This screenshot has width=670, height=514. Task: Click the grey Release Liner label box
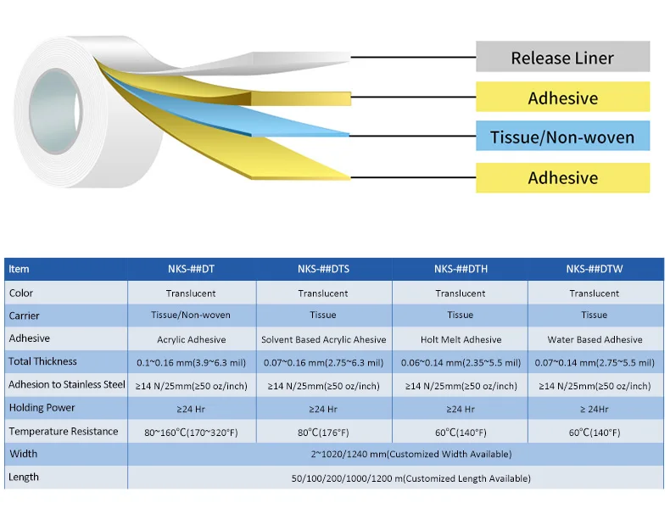562,58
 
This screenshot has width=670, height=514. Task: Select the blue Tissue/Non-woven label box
562,137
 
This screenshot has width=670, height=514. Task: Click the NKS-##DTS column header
323,270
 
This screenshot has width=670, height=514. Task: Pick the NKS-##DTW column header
595,270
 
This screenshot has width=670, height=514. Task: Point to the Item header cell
19,270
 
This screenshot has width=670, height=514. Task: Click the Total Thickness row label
42,361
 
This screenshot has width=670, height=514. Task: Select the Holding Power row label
37,408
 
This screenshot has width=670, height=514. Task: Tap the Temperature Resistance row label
64,431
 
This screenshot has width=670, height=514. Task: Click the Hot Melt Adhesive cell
461,339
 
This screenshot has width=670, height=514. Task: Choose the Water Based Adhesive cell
595,339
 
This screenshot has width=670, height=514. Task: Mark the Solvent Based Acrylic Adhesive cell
323,339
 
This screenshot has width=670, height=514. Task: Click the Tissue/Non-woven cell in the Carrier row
192,316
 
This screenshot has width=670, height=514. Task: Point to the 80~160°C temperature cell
192,432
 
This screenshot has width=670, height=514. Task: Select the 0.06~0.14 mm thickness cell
461,362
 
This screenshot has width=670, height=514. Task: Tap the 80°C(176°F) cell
323,432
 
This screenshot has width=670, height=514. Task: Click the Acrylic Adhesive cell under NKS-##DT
192,339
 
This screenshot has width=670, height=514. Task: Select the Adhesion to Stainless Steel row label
67,384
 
